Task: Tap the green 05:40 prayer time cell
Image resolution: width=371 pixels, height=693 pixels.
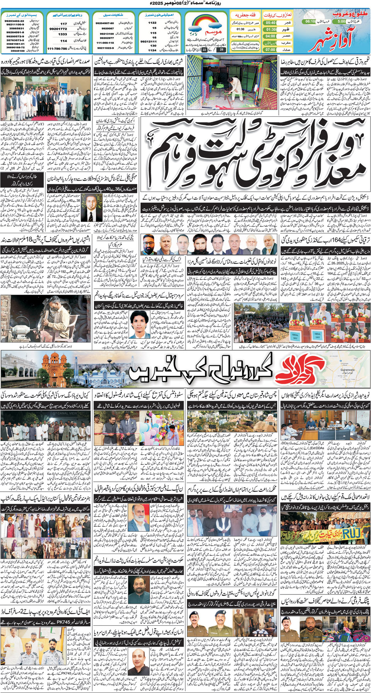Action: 271,23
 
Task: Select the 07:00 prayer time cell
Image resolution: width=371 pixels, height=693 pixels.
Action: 271,49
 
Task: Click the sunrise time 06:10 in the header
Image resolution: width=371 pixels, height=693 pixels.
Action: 310,21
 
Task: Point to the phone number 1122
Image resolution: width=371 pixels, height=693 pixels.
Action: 152,23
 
